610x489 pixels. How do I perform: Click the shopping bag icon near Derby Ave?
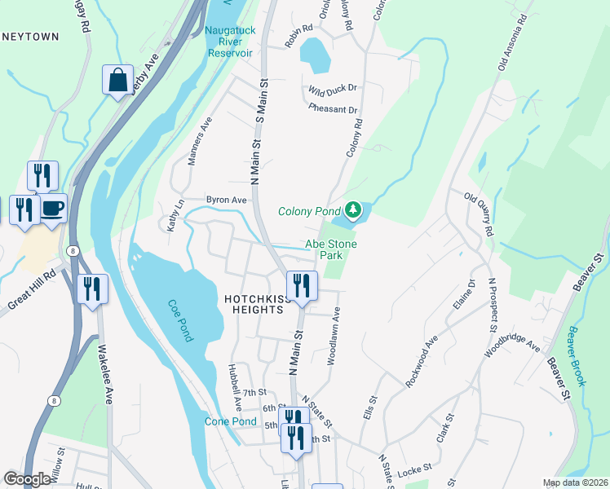(117, 81)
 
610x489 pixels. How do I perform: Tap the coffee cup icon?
(52, 209)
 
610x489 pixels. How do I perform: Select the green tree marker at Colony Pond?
(352, 211)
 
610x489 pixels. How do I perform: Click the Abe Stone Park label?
(331, 249)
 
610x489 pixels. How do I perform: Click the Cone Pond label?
(231, 421)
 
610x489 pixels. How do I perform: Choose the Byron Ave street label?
(226, 200)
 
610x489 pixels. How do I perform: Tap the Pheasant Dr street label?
(333, 109)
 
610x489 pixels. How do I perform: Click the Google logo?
(27, 478)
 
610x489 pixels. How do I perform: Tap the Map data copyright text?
(575, 482)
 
